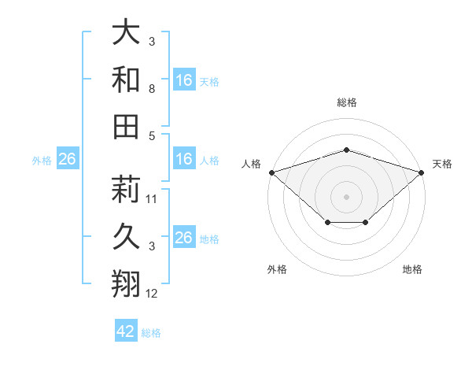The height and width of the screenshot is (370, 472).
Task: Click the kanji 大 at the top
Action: [126, 33]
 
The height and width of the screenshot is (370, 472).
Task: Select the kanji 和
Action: [126, 80]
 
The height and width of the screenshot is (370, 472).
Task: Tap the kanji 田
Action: [126, 126]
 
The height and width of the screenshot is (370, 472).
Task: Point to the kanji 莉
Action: [126, 189]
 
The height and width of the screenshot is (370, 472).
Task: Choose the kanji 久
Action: [126, 236]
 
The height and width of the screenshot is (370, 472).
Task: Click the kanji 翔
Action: [126, 282]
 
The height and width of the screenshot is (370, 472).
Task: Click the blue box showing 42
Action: [126, 331]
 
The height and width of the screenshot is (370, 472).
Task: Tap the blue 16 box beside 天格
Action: [184, 80]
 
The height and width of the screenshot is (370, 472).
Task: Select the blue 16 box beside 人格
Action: [184, 160]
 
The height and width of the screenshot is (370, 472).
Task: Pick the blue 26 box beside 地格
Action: [184, 238]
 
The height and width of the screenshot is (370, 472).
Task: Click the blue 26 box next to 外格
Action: [67, 160]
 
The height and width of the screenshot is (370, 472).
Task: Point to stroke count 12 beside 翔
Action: [152, 294]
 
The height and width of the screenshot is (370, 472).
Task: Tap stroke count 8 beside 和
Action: [151, 90]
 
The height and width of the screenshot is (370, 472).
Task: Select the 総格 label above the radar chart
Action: [346, 102]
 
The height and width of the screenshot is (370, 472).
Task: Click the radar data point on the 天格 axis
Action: [422, 172]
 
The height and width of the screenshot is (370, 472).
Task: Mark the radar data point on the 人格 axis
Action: [271, 172]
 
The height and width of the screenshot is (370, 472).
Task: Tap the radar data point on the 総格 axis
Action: [346, 150]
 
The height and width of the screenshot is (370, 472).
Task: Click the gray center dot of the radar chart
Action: [346, 196]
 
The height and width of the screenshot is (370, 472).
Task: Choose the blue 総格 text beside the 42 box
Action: [151, 332]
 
